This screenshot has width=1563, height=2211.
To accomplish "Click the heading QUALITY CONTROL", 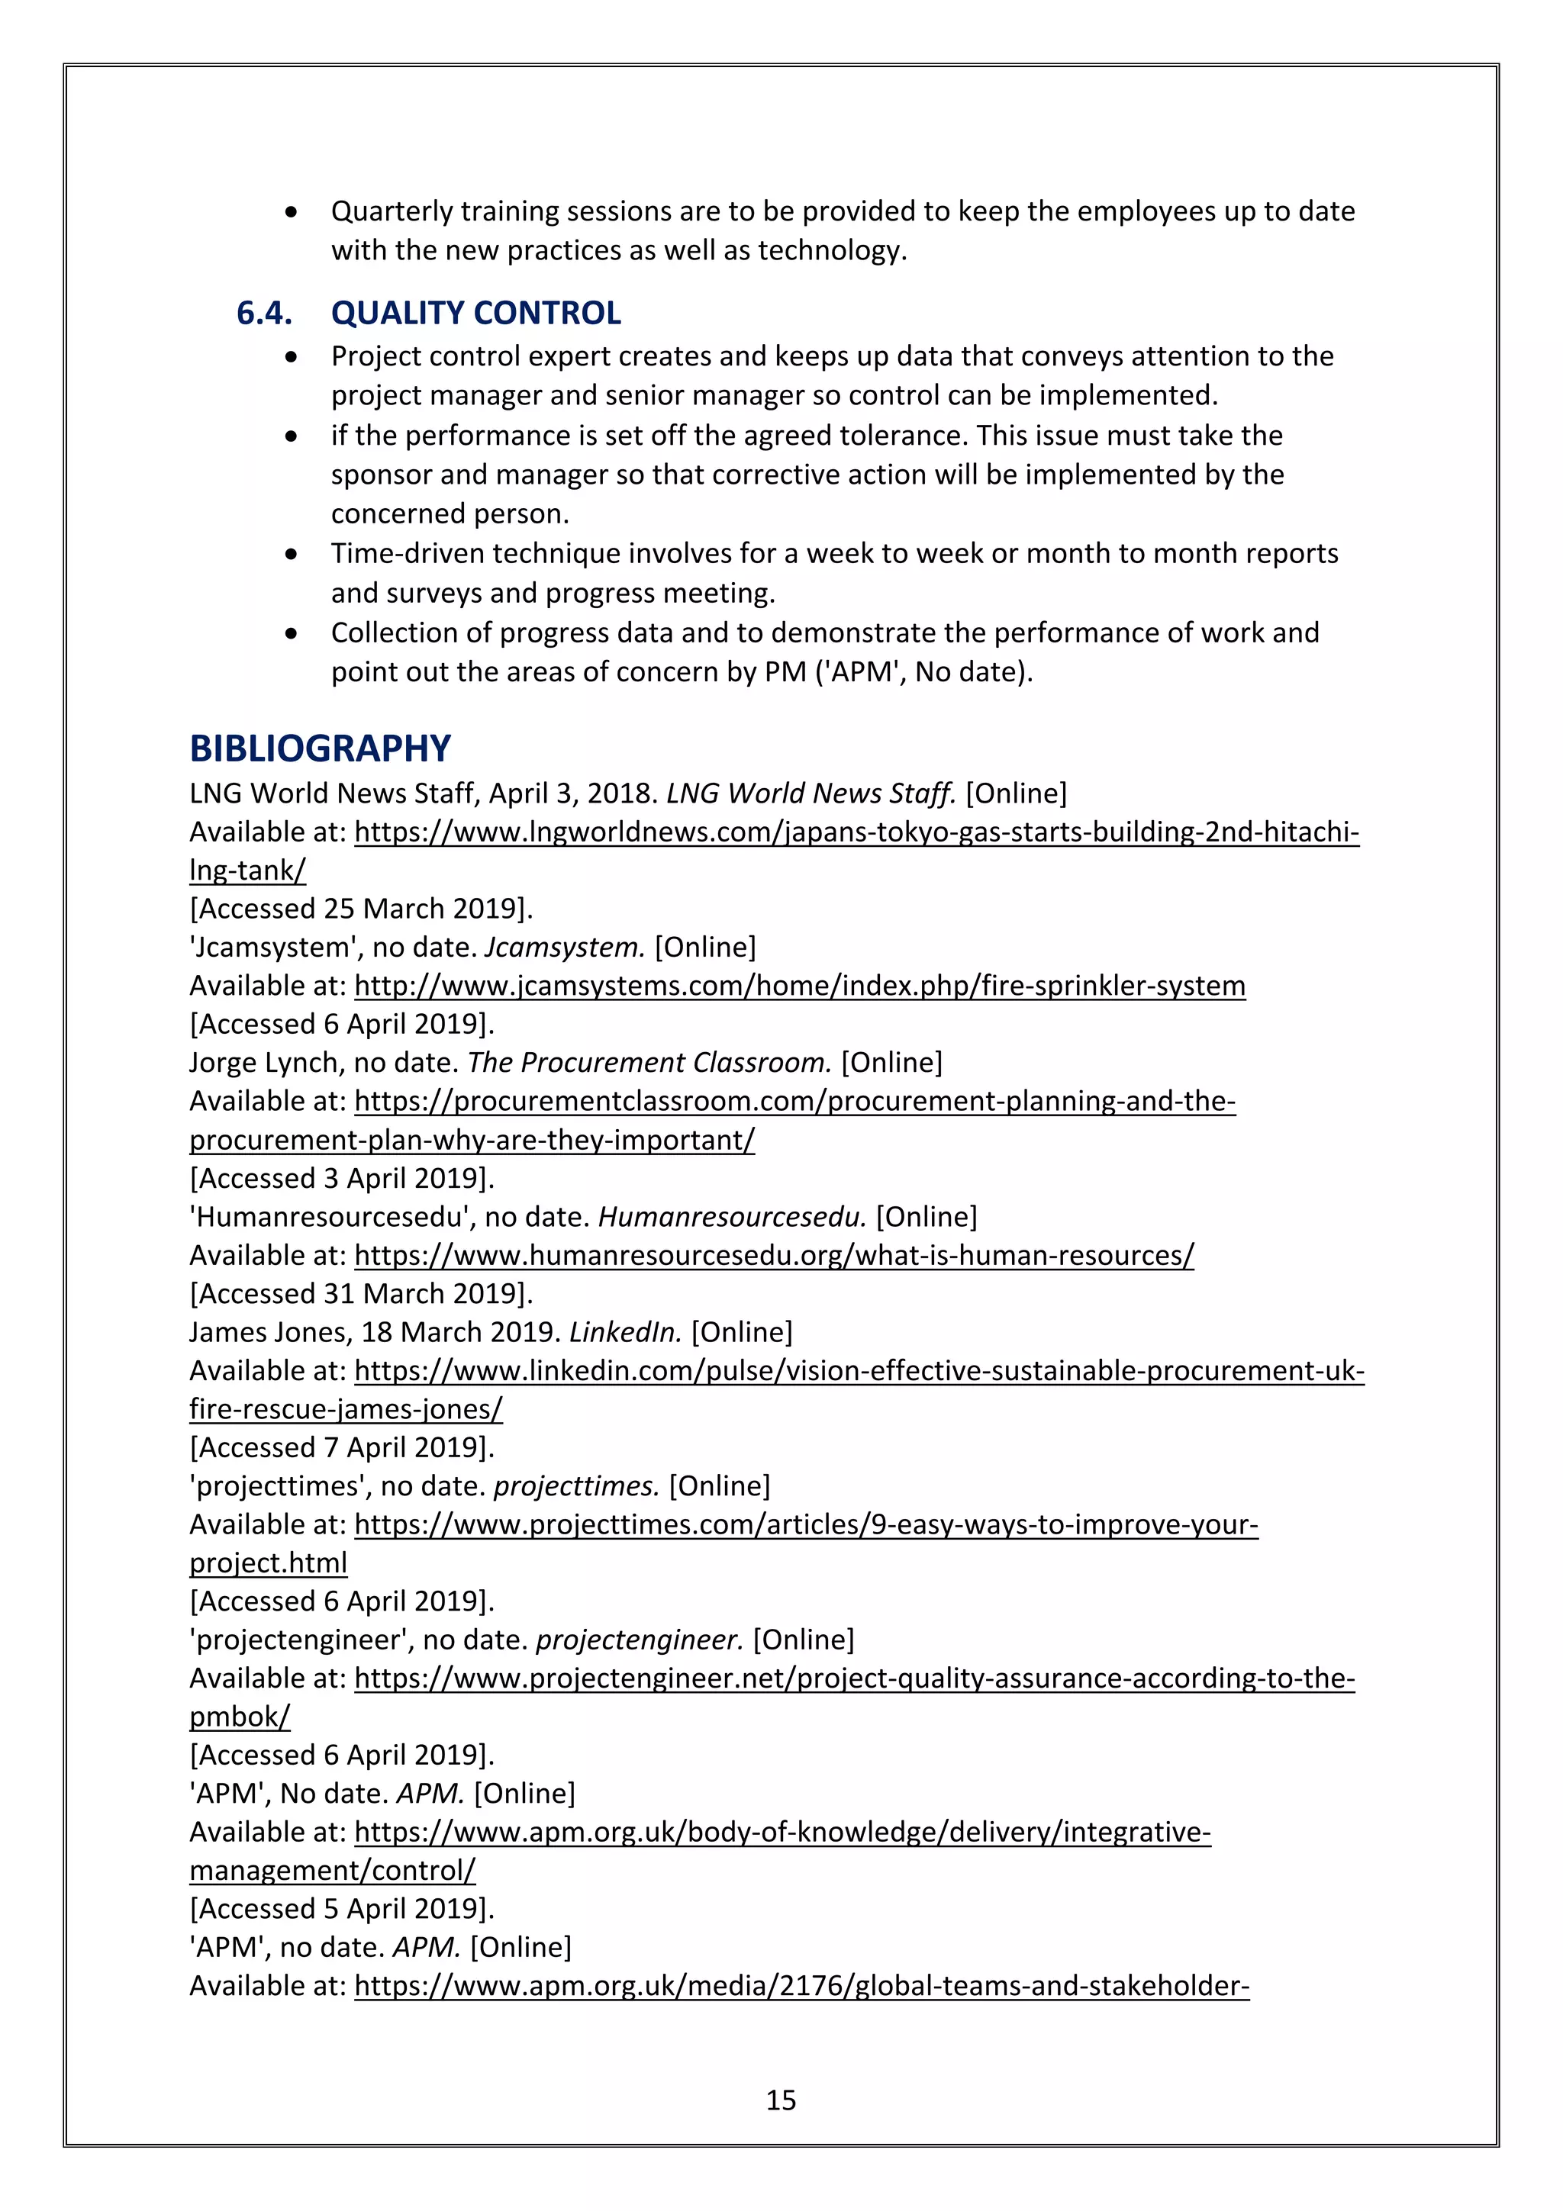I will pyautogui.click(x=475, y=313).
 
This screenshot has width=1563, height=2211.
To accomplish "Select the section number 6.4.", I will pyautogui.click(x=264, y=313).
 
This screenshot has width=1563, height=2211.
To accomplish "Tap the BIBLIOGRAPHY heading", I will pyautogui.click(x=320, y=748).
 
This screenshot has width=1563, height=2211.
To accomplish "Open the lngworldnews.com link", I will pyautogui.click(x=856, y=831).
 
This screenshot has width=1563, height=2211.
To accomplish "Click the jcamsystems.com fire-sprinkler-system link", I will pyautogui.click(x=799, y=985).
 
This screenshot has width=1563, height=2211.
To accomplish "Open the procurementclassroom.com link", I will pyautogui.click(x=794, y=1101).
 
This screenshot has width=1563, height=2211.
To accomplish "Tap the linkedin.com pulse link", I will pyautogui.click(x=859, y=1370).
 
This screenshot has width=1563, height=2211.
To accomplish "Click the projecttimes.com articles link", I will pyautogui.click(x=806, y=1524).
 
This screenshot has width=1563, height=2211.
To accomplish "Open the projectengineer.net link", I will pyautogui.click(x=854, y=1678).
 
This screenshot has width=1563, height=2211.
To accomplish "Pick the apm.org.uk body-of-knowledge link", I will pyautogui.click(x=782, y=1832).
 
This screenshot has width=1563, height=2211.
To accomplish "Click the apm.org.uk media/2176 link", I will pyautogui.click(x=801, y=1986).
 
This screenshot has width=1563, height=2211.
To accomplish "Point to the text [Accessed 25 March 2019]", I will pyautogui.click(x=361, y=908).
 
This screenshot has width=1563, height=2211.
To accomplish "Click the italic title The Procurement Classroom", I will pyautogui.click(x=649, y=1062).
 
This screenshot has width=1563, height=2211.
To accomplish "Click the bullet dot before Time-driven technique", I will pyautogui.click(x=291, y=554).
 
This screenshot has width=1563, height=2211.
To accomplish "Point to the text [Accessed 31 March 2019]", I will pyautogui.click(x=361, y=1293).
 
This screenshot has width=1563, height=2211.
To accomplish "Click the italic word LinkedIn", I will pyautogui.click(x=625, y=1332).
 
